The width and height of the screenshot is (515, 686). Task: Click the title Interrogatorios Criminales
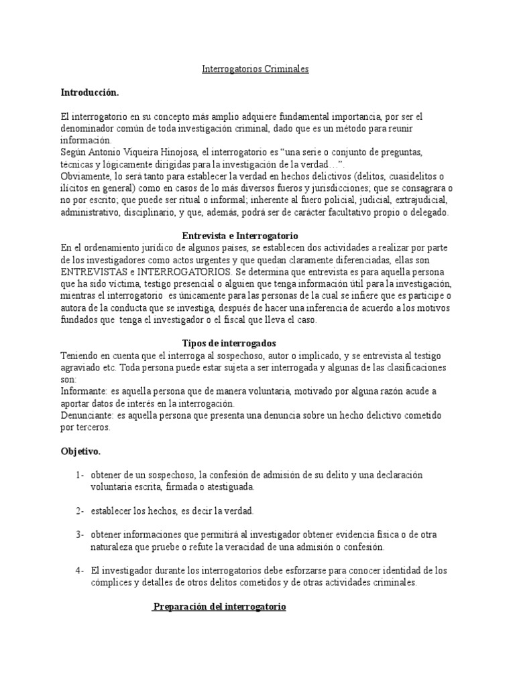pos(255,69)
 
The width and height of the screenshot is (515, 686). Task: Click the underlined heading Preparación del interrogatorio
pos(219,606)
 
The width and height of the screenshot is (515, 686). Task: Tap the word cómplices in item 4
pos(111,583)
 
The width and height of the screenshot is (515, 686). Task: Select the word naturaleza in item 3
pos(112,547)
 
